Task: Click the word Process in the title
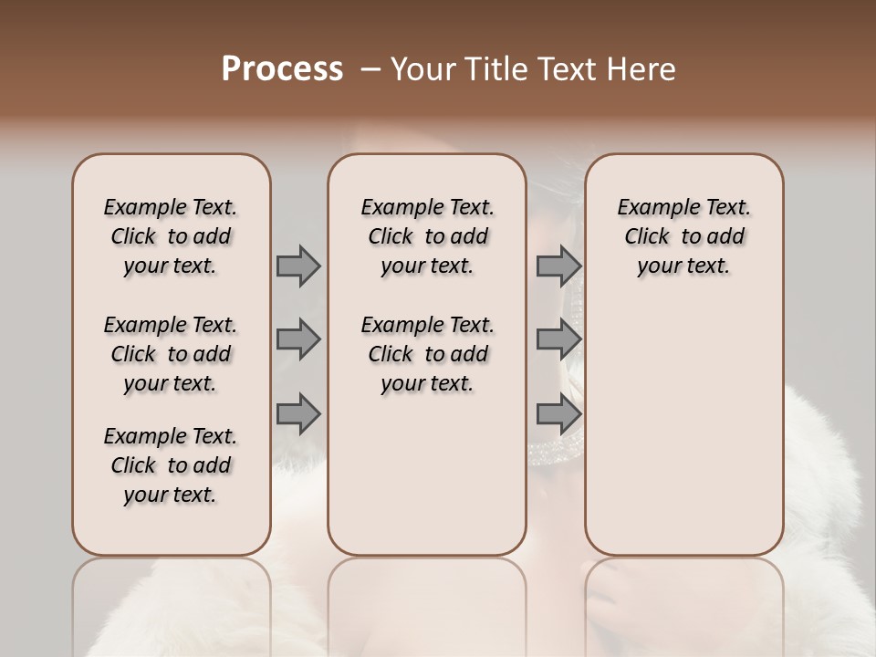pyautogui.click(x=282, y=69)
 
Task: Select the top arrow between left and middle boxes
pyautogui.click(x=298, y=266)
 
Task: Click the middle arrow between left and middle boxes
pyautogui.click(x=298, y=340)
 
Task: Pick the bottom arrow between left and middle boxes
pyautogui.click(x=298, y=413)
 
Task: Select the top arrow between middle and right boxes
pyautogui.click(x=558, y=266)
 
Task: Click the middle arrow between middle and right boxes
pyautogui.click(x=558, y=340)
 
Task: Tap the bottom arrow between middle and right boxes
pyautogui.click(x=558, y=413)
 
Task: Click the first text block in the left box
pyautogui.click(x=171, y=236)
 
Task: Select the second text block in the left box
pyautogui.click(x=171, y=354)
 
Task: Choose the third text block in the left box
pyautogui.click(x=171, y=465)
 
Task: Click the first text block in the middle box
pyautogui.click(x=427, y=236)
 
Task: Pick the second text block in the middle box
pyautogui.click(x=427, y=354)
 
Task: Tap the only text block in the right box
pyautogui.click(x=683, y=236)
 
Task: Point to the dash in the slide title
pyautogui.click(x=370, y=69)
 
